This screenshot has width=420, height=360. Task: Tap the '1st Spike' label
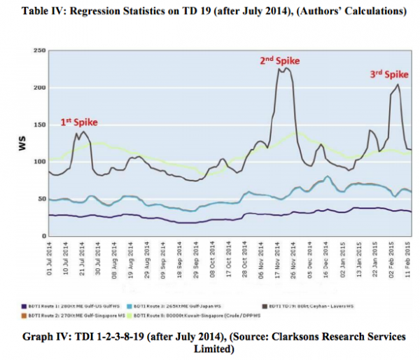tap(78, 123)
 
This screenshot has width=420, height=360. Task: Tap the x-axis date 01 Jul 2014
tap(49, 260)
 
